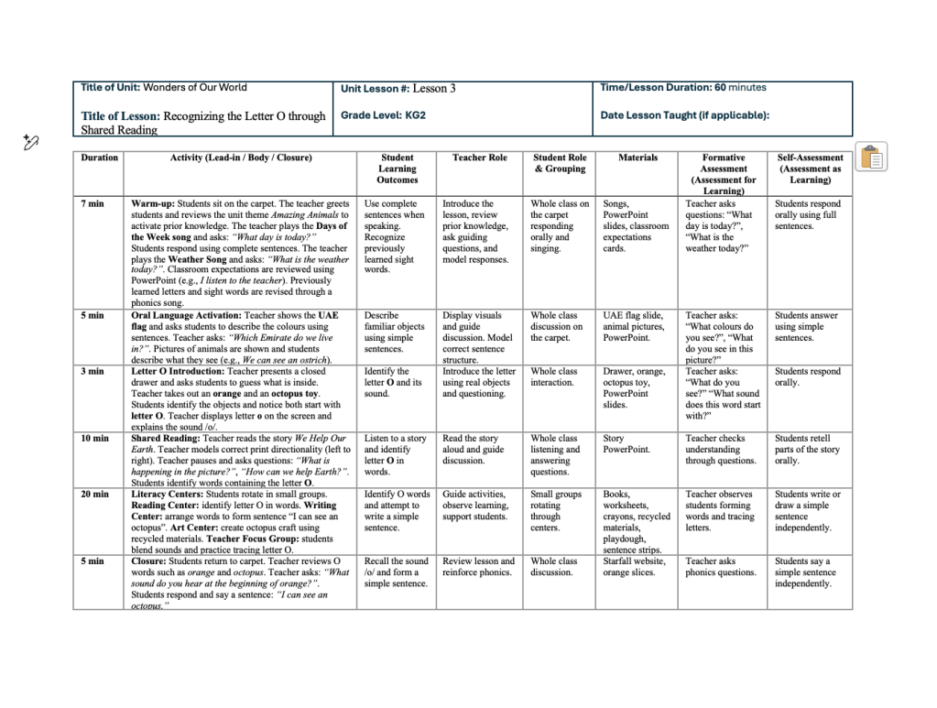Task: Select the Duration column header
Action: (x=99, y=158)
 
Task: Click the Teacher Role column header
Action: (x=479, y=158)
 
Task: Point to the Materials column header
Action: (x=637, y=158)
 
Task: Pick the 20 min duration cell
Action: (x=94, y=494)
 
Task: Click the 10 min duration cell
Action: (x=94, y=438)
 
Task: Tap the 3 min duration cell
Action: (x=92, y=371)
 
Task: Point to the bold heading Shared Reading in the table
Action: (x=166, y=438)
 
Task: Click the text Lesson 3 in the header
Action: (x=433, y=89)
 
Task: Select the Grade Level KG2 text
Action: (x=383, y=115)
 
